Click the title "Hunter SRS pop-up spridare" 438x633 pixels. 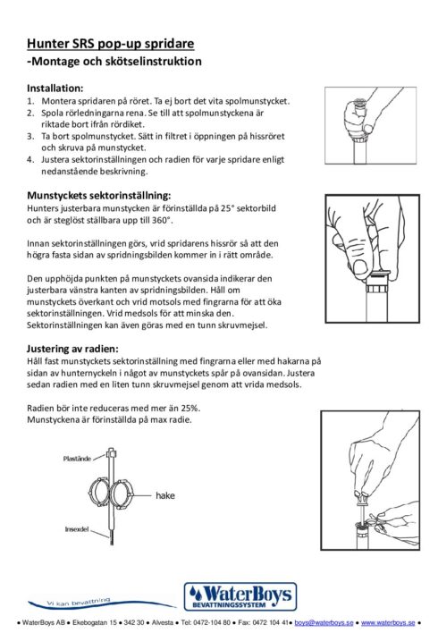(x=110, y=44)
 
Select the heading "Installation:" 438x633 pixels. (x=55, y=88)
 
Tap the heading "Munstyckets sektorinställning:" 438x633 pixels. (x=99, y=196)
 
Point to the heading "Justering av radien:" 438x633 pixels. (x=72, y=349)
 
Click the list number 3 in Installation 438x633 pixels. (x=30, y=137)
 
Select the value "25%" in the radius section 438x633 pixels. (x=190, y=408)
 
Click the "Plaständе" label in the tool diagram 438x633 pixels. (x=77, y=459)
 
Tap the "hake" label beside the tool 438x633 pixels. (x=165, y=495)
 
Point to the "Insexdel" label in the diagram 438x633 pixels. (x=77, y=529)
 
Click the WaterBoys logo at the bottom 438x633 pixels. (x=240, y=596)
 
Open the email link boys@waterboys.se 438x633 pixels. (x=324, y=622)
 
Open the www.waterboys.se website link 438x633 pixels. (x=388, y=622)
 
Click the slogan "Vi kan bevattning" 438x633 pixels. (x=79, y=602)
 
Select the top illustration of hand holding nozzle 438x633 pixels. (x=371, y=125)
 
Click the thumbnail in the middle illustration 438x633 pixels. (x=358, y=266)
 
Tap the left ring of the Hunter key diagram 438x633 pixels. (x=98, y=493)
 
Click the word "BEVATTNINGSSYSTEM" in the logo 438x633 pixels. (x=230, y=604)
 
